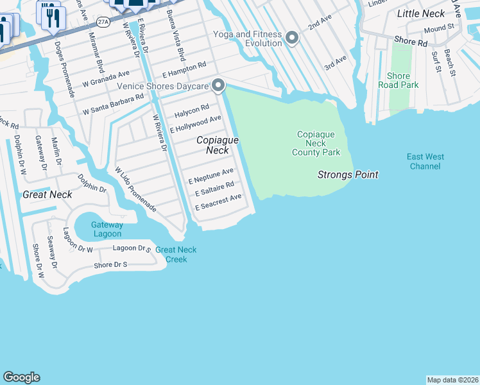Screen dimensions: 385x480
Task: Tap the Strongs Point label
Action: coord(348,175)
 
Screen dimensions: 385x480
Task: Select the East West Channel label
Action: coord(425,162)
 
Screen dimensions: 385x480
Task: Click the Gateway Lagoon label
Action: coord(107,230)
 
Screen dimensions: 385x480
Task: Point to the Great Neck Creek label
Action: coord(176,255)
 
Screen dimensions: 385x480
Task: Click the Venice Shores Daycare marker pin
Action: coord(218,85)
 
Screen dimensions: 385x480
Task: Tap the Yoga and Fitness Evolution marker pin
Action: coord(292,38)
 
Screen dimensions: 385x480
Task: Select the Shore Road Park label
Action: coord(399,80)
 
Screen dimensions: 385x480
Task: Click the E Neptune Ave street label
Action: coord(211,176)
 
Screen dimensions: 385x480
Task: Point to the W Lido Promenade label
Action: coord(135,189)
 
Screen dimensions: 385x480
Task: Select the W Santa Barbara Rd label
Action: coord(113,106)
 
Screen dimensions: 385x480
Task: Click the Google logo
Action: coord(21,377)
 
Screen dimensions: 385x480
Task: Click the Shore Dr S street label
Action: coord(111,264)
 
